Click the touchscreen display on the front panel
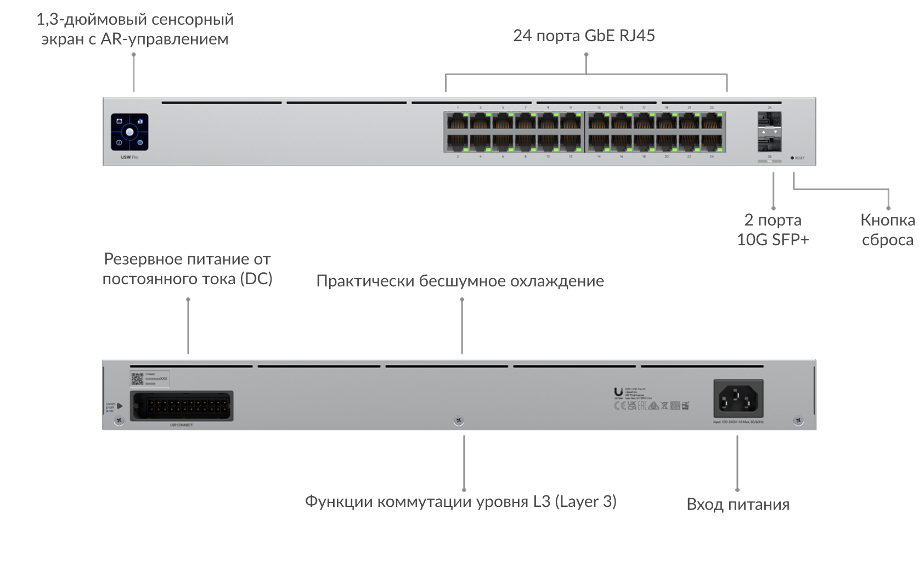(129, 132)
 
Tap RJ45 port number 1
(458, 121)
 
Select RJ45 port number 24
(712, 143)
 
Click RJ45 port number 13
(599, 121)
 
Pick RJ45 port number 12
(571, 143)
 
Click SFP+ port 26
(769, 144)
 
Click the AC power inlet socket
(738, 398)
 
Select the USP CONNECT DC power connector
(181, 406)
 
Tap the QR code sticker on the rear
(137, 378)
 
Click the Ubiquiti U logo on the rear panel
(618, 392)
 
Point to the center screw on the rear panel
(459, 421)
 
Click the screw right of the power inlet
(798, 421)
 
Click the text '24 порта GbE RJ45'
(584, 36)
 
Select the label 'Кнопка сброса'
(887, 230)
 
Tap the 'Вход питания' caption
(737, 504)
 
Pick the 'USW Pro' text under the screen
(129, 157)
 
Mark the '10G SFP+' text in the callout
(773, 240)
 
